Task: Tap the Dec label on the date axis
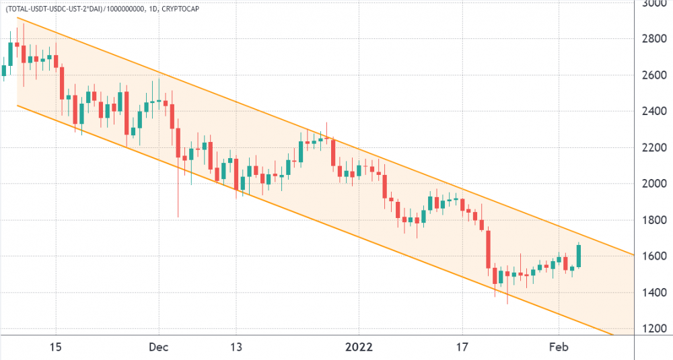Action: click(x=159, y=347)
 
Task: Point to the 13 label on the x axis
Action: click(x=236, y=347)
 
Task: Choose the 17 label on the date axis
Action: click(x=462, y=347)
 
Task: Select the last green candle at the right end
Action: click(x=578, y=256)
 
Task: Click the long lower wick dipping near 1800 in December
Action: click(x=178, y=195)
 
